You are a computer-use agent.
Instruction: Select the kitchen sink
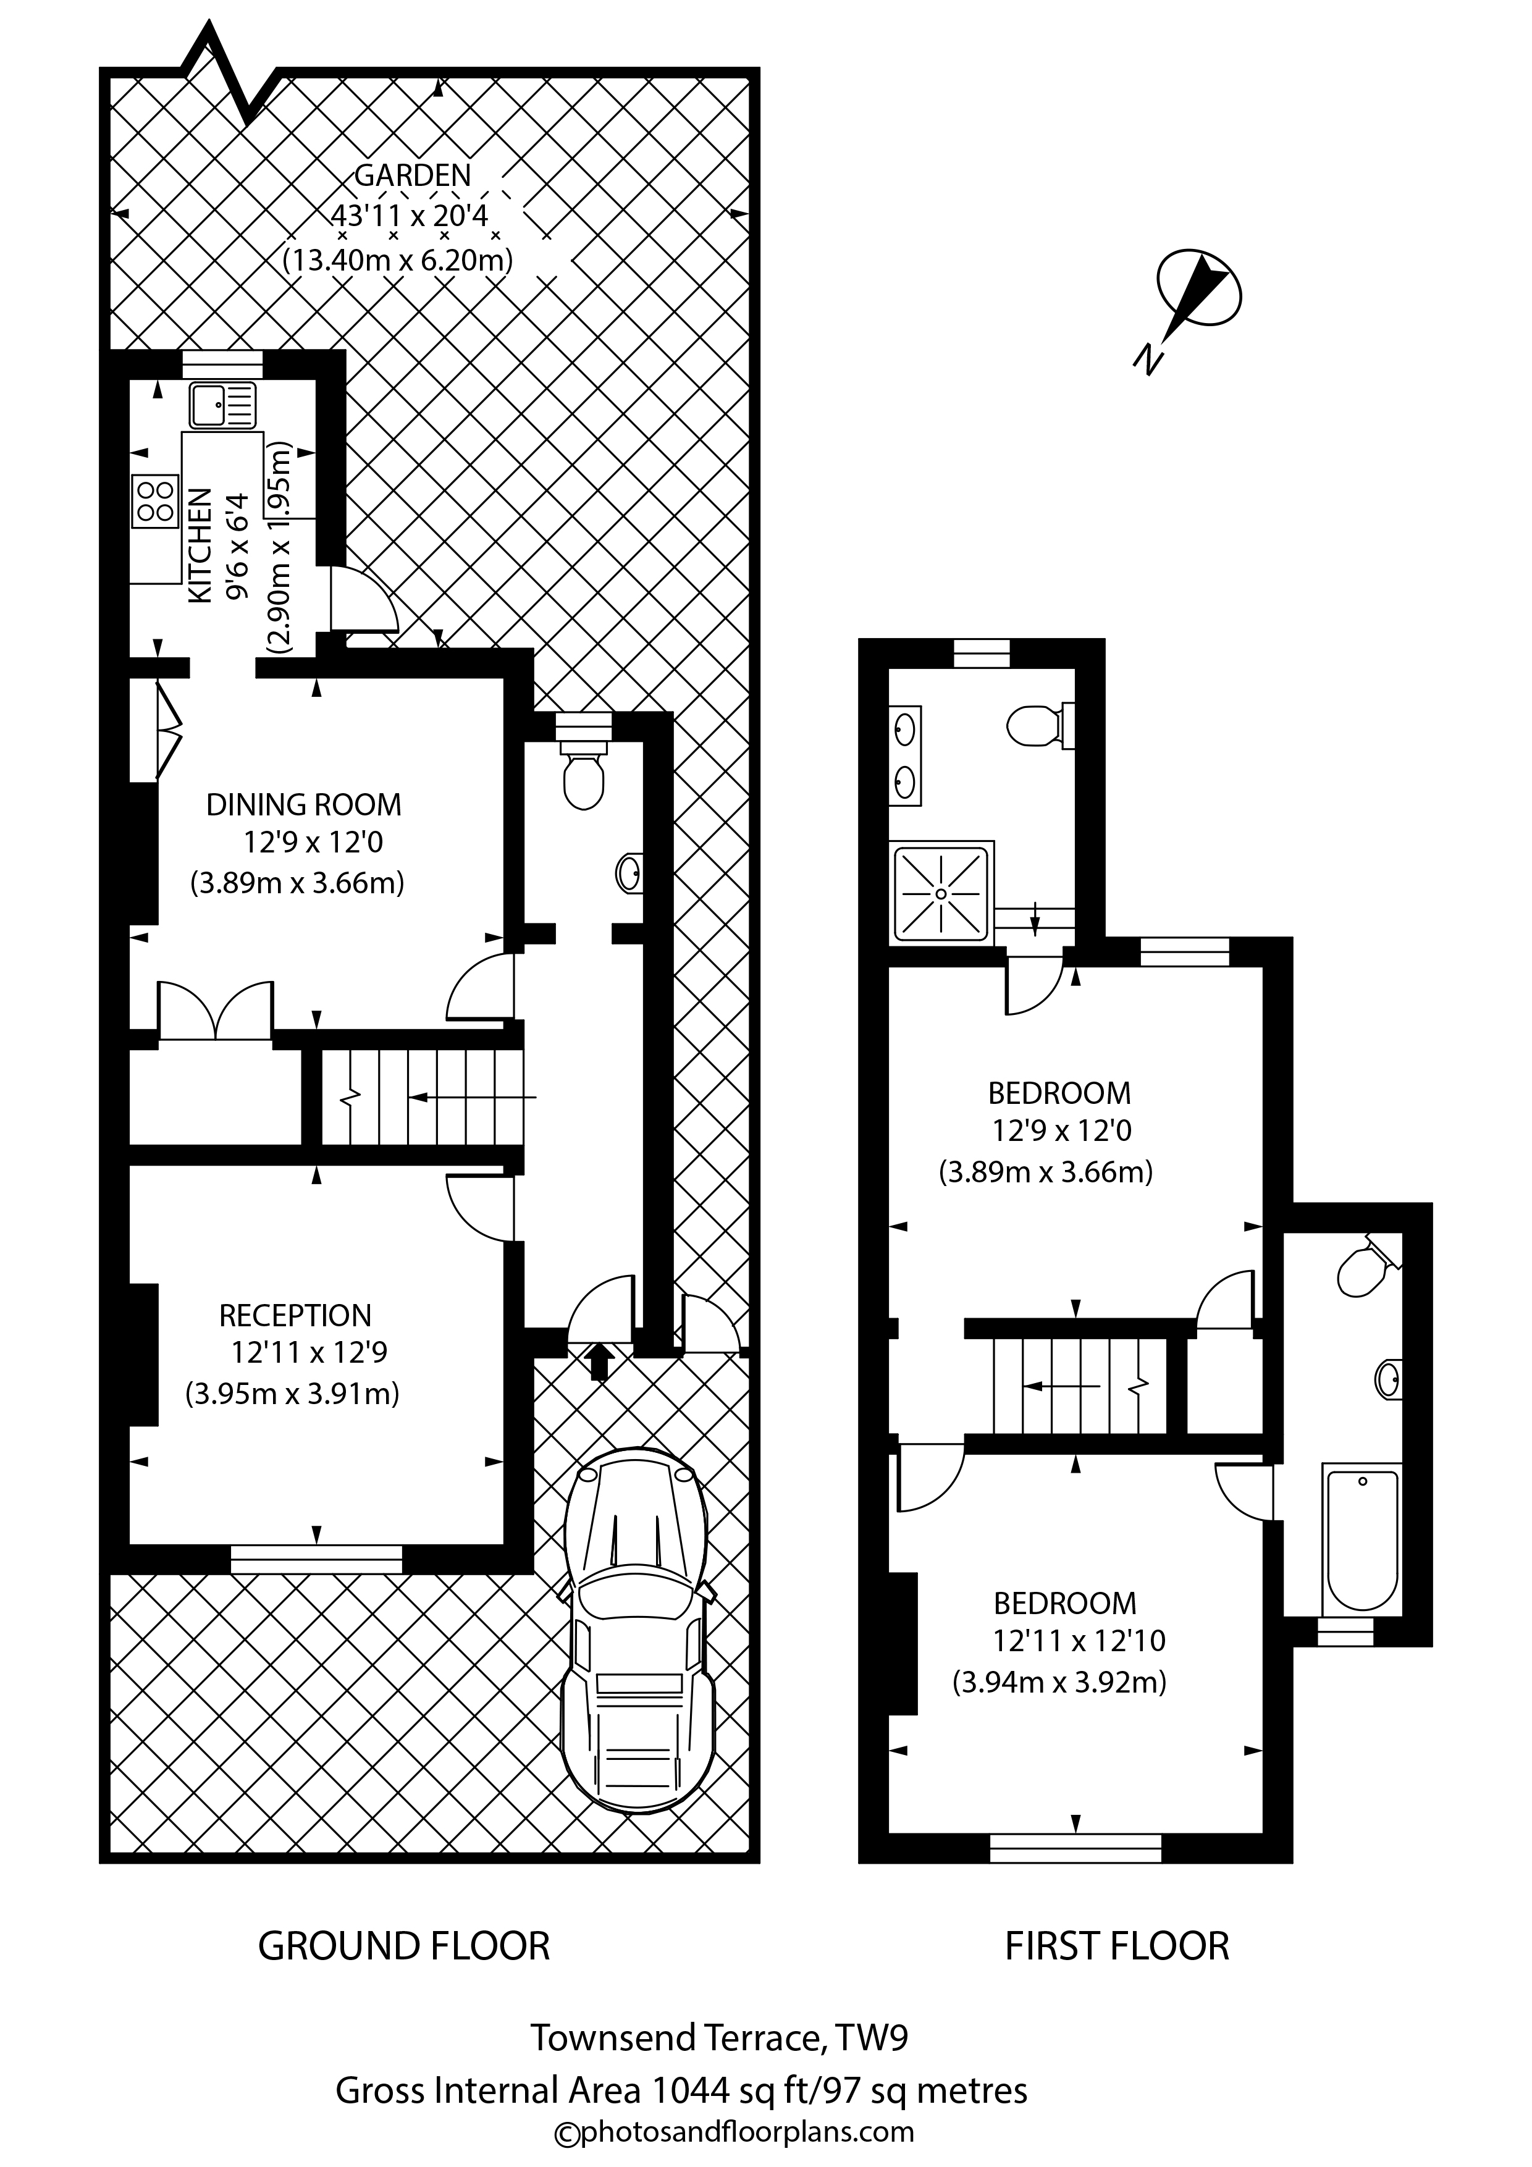[222, 406]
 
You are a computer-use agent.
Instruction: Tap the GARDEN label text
[413, 175]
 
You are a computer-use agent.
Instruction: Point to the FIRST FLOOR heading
[1117, 1946]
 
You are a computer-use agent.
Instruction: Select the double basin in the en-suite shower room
[905, 755]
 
